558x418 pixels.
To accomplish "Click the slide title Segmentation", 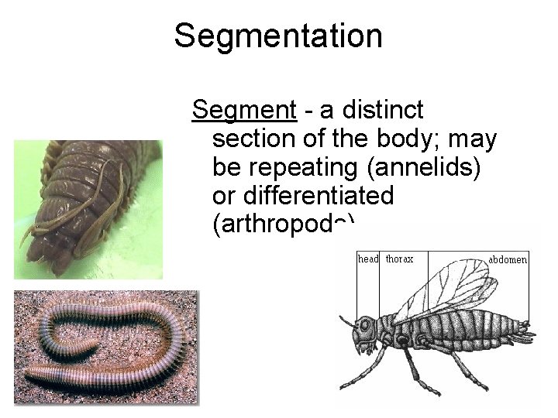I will click(x=278, y=36).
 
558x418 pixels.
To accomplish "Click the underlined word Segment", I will click(x=244, y=111).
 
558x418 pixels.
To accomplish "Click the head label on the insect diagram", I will click(x=367, y=259).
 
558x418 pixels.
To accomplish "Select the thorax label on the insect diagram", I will click(x=399, y=259).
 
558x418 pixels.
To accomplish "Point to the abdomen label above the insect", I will click(x=508, y=260).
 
